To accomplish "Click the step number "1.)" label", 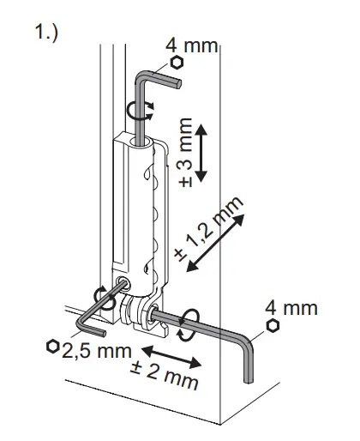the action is coord(46,32).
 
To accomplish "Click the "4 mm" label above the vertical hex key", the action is coord(192,45).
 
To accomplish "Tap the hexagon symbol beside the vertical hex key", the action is coord(177,63).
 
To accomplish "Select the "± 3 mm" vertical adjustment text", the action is coord(185,153).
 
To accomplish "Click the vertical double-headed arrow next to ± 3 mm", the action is coord(201,153).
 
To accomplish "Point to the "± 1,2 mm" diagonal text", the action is coord(207,229).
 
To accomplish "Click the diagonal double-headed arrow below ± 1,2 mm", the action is coord(215,243).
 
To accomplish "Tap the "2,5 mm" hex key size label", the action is coord(97,351).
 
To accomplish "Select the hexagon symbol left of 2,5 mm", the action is coord(53,347).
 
